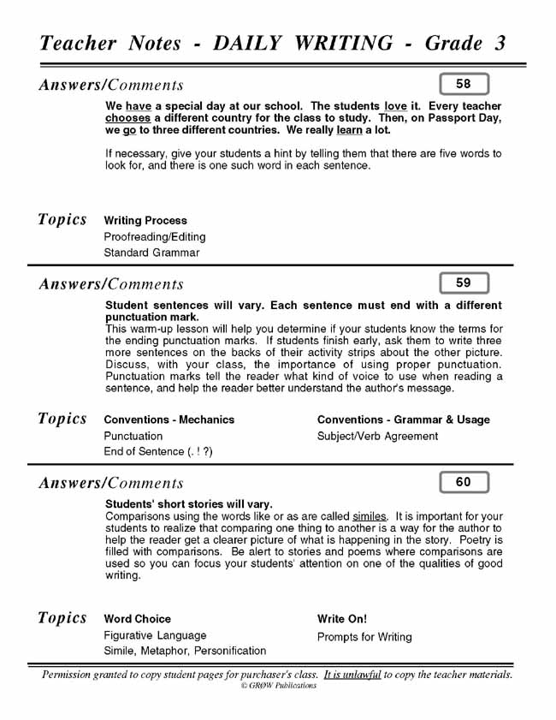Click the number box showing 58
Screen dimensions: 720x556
click(464, 84)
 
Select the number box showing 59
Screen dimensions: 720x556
click(464, 283)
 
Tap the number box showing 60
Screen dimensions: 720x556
click(464, 482)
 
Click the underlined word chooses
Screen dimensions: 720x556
click(127, 118)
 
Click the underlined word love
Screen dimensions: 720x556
click(395, 106)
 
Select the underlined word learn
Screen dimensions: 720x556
click(349, 130)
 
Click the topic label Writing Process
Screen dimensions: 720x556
click(145, 221)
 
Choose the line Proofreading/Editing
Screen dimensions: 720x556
click(154, 237)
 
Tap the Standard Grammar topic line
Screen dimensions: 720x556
click(151, 253)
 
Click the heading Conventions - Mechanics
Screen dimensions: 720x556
click(169, 420)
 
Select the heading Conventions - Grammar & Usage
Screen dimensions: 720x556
click(404, 420)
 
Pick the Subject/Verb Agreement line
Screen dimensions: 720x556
click(377, 436)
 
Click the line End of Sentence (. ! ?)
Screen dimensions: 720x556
click(158, 452)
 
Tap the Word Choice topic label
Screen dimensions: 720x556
click(137, 619)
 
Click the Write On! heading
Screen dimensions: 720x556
click(342, 619)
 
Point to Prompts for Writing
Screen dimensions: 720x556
click(364, 637)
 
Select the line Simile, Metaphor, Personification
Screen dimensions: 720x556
click(185, 652)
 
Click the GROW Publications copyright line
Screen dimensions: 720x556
click(278, 686)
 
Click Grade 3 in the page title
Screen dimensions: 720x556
click(465, 44)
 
